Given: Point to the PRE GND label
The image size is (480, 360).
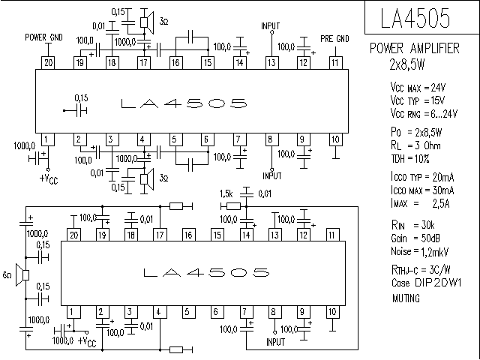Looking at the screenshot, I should click(334, 37).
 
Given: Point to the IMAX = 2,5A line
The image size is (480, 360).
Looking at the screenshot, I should click(409, 202).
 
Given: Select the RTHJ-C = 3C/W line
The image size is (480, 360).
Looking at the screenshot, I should click(409, 268).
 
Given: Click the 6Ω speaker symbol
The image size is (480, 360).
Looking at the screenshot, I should click(22, 275).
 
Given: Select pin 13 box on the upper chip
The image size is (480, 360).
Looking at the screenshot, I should click(271, 63).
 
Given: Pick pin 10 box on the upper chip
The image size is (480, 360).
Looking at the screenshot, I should click(334, 139).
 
